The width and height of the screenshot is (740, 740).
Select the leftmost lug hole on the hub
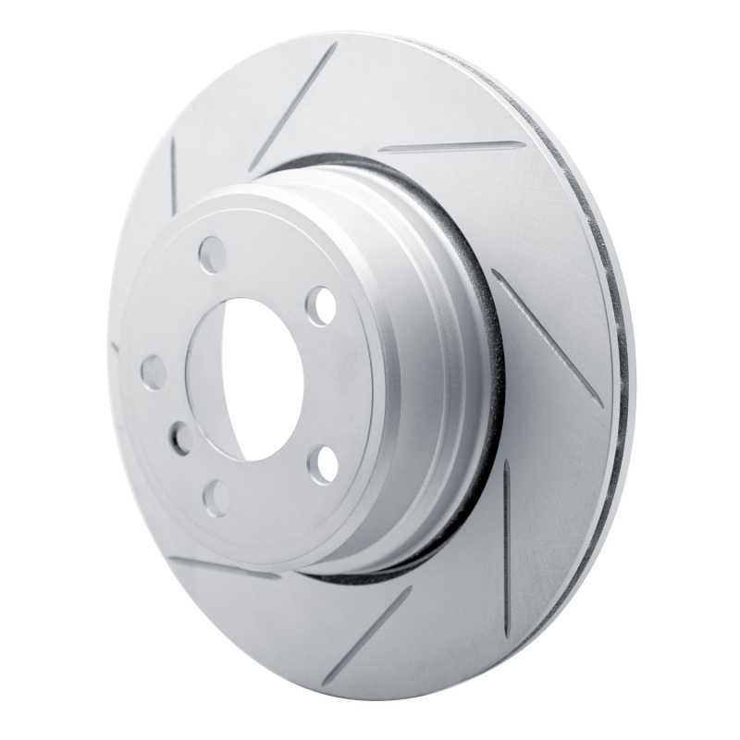pyautogui.click(x=153, y=372)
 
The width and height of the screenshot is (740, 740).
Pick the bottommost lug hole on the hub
pyautogui.click(x=216, y=498)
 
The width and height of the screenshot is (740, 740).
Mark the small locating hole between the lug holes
pyautogui.click(x=180, y=437)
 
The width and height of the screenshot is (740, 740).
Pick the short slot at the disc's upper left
pyautogui.click(x=173, y=175)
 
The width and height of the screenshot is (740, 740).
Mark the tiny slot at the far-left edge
pyautogui.click(x=115, y=349)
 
